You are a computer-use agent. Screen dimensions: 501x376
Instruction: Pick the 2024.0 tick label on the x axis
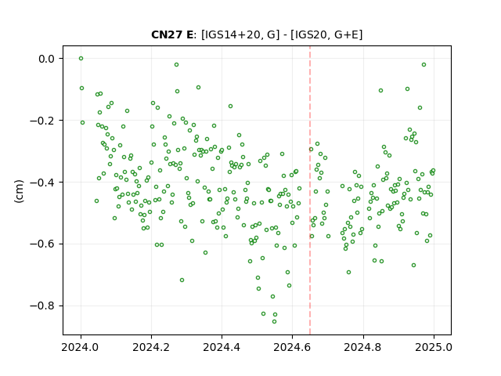click(81, 347)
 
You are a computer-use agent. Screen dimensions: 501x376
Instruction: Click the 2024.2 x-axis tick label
click(151, 347)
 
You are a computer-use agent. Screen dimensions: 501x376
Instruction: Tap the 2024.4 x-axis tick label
click(222, 347)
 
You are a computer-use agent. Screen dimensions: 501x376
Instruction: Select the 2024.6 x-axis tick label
click(292, 347)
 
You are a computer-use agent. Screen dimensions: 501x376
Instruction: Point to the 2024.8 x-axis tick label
click(363, 347)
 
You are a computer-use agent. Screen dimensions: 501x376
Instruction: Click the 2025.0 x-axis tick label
click(434, 347)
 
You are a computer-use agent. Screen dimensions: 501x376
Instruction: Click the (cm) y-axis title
click(19, 191)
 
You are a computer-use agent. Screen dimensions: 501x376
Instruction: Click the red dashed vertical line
click(310, 190)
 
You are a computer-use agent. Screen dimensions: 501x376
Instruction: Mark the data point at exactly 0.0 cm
click(81, 59)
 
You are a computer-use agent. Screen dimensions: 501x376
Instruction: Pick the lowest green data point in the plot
click(274, 322)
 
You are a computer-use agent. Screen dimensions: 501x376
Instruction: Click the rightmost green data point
click(433, 171)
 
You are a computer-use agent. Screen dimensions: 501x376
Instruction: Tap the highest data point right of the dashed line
click(424, 64)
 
